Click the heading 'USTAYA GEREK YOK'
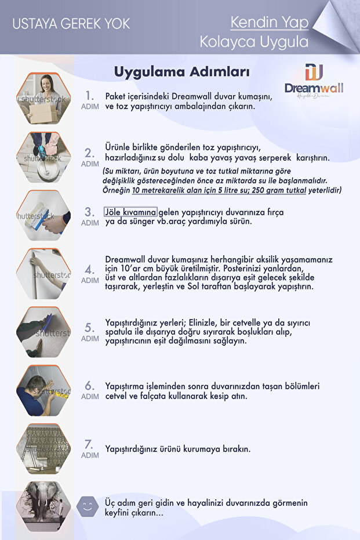tap(71, 24)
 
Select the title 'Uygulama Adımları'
tap(181, 72)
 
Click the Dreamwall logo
tap(314, 81)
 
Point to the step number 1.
tap(89, 95)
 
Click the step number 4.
tap(89, 269)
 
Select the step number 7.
tap(89, 444)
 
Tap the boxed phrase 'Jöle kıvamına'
tap(130, 212)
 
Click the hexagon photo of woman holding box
tap(43, 99)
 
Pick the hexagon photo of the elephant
tap(43, 506)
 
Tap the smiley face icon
tap(88, 506)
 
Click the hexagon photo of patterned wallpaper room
tap(43, 448)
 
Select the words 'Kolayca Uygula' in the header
tap(254, 42)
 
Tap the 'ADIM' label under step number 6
tap(89, 397)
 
